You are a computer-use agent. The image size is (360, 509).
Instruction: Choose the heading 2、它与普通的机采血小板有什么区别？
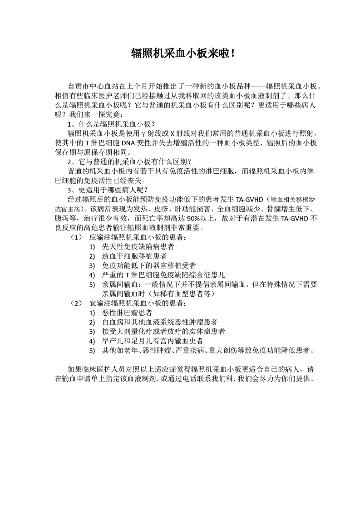(129, 162)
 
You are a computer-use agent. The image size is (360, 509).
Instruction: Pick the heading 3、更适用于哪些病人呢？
(107, 190)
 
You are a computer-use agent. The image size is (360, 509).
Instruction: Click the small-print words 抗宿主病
(68, 209)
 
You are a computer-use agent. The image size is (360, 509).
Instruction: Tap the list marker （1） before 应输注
(76, 237)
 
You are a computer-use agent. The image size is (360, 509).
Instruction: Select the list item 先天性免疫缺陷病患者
(138, 247)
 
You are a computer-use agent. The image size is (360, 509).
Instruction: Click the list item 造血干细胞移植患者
(134, 256)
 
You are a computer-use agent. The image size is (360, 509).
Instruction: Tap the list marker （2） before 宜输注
(76, 303)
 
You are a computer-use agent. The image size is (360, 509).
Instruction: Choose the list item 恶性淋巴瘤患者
(127, 313)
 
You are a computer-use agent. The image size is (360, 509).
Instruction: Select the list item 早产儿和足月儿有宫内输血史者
(153, 341)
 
